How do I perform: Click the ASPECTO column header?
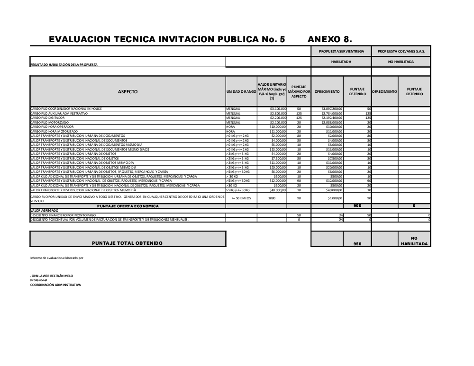(x=128, y=92)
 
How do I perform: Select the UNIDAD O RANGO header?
(x=241, y=92)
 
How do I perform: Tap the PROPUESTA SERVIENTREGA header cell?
(x=341, y=51)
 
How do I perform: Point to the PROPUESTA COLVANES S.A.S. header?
(x=401, y=51)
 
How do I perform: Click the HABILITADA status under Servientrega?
(x=341, y=62)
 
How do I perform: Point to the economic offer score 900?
(x=357, y=206)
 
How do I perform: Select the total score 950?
(x=357, y=244)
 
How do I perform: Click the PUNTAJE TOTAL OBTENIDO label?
(x=128, y=243)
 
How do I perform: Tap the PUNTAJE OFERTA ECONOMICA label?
(x=128, y=206)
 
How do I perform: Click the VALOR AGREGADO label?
(x=45, y=210)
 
